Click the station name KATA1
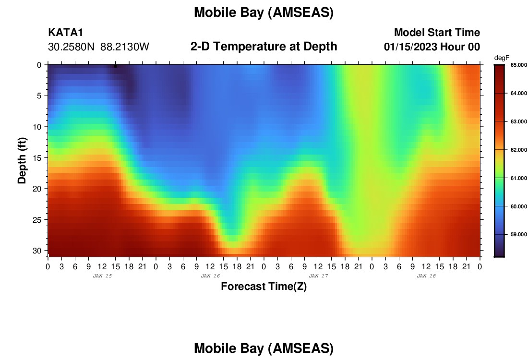click(x=66, y=32)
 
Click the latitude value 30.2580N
click(x=72, y=47)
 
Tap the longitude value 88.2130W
click(x=125, y=47)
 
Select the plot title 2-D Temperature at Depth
click(x=264, y=47)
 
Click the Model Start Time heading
click(x=437, y=32)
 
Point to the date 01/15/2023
click(x=410, y=47)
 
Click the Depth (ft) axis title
click(x=22, y=160)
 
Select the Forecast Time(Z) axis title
click(x=264, y=286)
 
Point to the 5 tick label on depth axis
click(x=39, y=96)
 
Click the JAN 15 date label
click(x=102, y=276)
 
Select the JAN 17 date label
click(x=318, y=276)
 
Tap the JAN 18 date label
click(x=426, y=276)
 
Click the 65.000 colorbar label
click(x=518, y=65)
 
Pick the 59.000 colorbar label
click(x=518, y=234)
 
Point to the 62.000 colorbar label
click(x=518, y=150)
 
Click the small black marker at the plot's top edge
click(x=115, y=66)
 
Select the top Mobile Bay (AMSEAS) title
click(x=264, y=12)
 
